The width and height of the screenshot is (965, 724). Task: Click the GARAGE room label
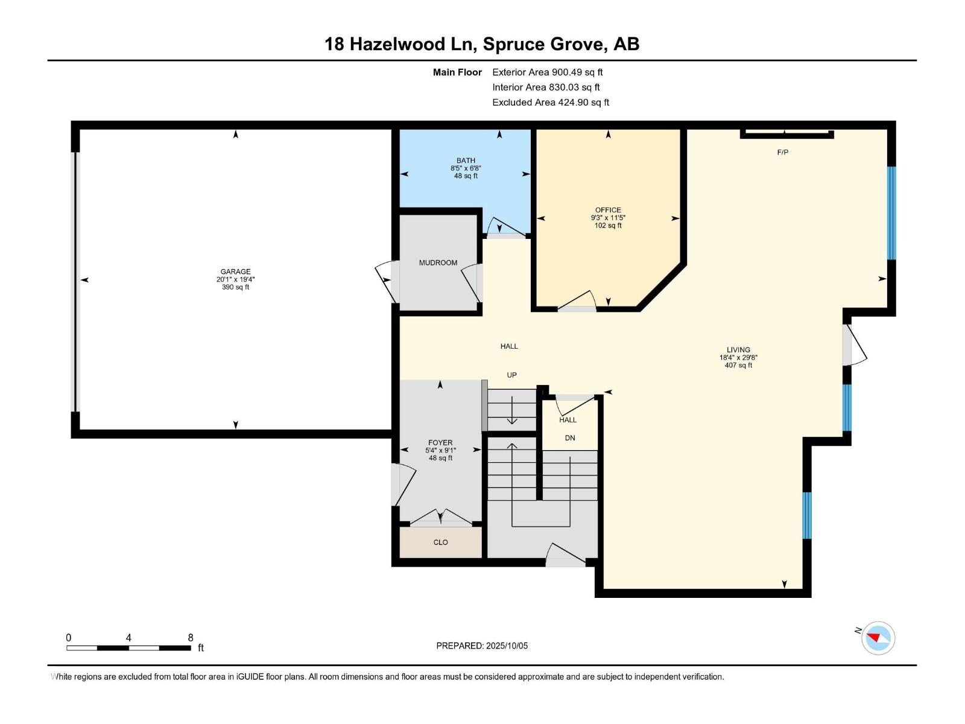[235, 271]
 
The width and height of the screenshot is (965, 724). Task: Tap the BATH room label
[466, 160]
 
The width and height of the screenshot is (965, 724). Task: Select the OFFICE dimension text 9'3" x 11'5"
[608, 218]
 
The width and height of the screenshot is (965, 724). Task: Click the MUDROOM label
[438, 262]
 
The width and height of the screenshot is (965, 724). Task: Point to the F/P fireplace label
[782, 152]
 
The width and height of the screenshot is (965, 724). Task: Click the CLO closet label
[440, 542]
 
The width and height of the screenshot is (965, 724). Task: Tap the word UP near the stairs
[511, 375]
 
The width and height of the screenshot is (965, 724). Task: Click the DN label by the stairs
[569, 438]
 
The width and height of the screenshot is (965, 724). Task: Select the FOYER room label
[440, 442]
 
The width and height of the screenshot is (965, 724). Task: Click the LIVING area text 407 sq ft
[738, 365]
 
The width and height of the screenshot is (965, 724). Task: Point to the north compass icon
[878, 638]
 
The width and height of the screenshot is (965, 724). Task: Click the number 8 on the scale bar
[191, 638]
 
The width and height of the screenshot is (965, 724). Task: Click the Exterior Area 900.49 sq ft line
[547, 72]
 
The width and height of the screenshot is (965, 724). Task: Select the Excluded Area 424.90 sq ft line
[550, 103]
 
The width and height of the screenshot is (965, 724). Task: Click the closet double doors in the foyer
[440, 518]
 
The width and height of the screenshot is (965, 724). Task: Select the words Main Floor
[457, 72]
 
